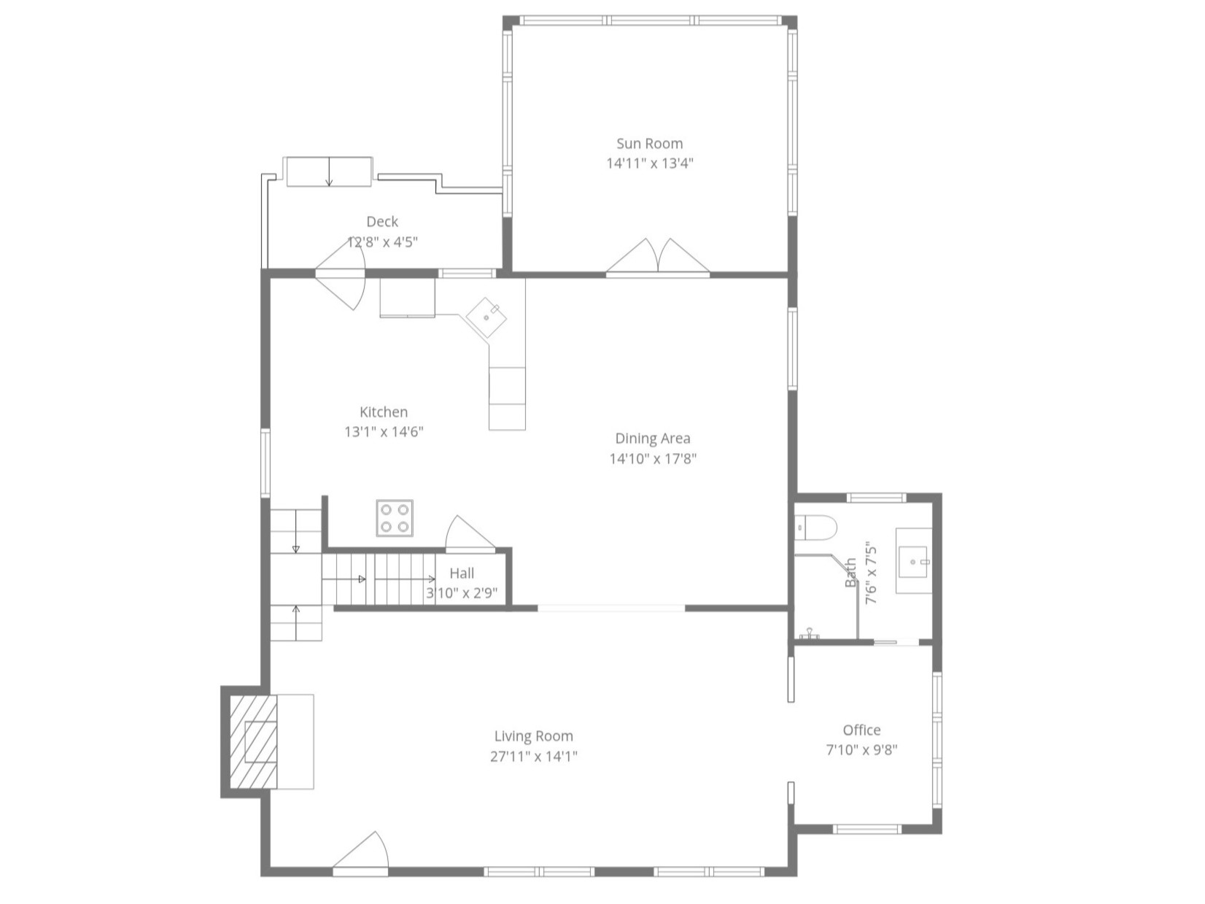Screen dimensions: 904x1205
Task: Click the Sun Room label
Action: (649, 144)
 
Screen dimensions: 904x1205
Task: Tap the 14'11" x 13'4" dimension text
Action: (649, 163)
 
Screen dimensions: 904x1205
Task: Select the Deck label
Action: (382, 221)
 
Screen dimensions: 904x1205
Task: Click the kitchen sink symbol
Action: (487, 318)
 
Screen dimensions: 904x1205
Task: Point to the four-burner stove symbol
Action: (395, 518)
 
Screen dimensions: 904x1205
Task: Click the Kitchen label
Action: (384, 412)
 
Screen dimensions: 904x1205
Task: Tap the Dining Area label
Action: (652, 439)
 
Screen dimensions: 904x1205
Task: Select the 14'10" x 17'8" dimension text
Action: (653, 459)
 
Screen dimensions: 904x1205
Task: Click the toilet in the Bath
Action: (815, 526)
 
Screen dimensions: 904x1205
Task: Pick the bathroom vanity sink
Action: (914, 562)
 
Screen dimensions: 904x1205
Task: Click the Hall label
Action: (462, 573)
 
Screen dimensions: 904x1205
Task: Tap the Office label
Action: (861, 730)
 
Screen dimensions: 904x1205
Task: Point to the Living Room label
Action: (533, 736)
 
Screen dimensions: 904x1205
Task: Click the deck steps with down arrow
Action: (329, 171)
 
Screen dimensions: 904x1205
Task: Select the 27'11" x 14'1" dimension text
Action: (533, 757)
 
